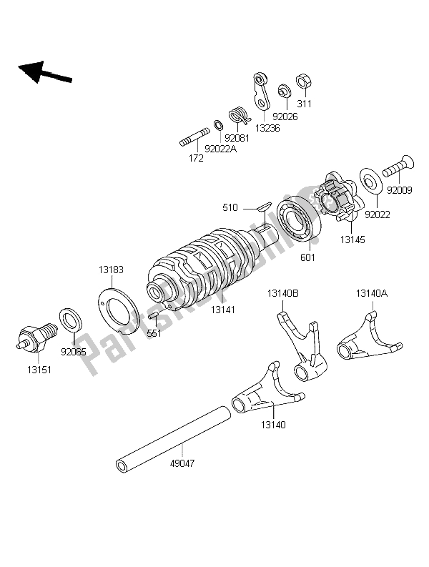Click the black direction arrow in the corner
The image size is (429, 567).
pos(45,72)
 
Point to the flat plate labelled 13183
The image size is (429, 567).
pos(119,310)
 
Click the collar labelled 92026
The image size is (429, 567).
pos(284,91)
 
